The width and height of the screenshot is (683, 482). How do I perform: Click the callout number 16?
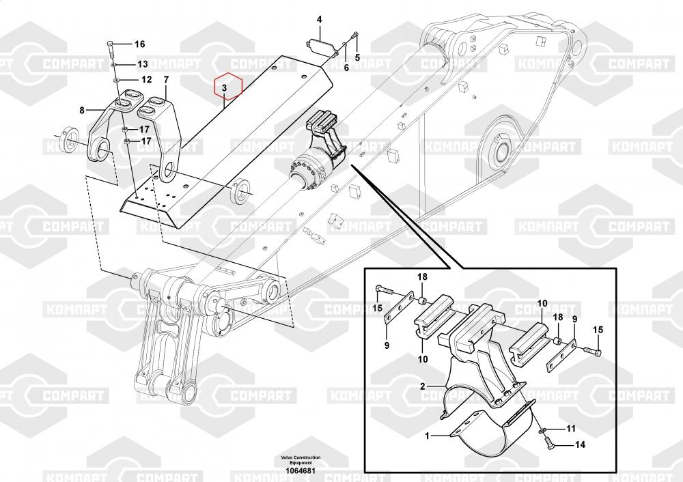[x=140, y=44]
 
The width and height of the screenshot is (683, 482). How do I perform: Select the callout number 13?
[x=142, y=64]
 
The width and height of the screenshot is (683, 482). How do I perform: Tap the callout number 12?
[x=146, y=79]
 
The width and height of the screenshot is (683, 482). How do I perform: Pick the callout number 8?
[x=82, y=109]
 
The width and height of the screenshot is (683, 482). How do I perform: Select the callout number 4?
[x=319, y=20]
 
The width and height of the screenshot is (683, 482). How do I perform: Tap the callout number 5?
[x=356, y=57]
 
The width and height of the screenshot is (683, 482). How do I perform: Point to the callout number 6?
[x=346, y=68]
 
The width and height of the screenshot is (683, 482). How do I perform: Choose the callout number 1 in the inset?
[x=427, y=434]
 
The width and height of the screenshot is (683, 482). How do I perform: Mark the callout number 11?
[x=571, y=429]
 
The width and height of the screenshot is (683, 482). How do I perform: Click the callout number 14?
[x=580, y=444]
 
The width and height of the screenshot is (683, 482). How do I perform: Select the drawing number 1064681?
[x=301, y=470]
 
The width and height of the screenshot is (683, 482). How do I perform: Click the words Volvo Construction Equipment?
[x=301, y=460]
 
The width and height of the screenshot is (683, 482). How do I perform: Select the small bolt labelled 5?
[x=354, y=38]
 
